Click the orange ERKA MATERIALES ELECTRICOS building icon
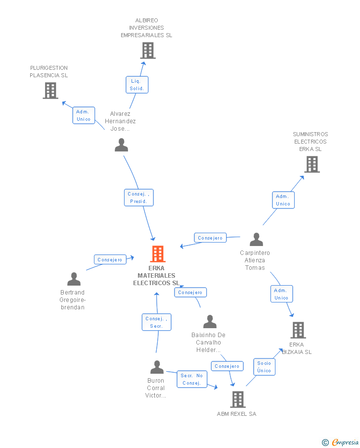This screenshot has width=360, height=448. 158,254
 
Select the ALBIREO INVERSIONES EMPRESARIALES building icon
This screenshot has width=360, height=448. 148,50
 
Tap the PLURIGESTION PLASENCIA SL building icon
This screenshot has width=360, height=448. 50,90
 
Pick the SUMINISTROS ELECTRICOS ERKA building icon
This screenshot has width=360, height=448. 312,164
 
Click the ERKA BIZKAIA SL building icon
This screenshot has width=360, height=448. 298,330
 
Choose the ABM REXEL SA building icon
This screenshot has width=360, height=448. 238,399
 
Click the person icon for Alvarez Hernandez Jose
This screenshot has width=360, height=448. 121,145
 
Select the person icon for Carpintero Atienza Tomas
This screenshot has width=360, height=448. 256,239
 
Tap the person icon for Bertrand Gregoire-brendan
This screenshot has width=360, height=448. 74,279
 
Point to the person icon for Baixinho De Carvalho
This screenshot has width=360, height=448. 210,321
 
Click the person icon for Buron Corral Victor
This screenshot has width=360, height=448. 157,367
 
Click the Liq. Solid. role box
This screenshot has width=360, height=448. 137,85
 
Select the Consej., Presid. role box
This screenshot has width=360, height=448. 139,198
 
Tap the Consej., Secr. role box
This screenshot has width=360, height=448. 157,322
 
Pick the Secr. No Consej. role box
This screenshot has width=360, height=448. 192,379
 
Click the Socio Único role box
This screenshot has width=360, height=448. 265,367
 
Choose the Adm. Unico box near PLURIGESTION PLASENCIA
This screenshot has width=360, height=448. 84,115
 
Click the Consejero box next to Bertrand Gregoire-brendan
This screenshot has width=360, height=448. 110,259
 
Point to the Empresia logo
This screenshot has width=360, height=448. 340,442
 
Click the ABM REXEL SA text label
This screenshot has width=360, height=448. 237,414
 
